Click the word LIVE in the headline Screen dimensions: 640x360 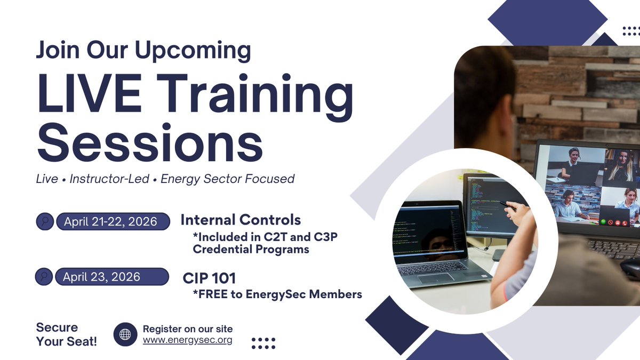[89, 93]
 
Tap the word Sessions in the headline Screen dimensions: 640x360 [150, 142]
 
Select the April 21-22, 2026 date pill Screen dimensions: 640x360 [113, 221]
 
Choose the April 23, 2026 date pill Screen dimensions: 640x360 [112, 277]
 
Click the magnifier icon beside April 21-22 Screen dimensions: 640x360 [45, 221]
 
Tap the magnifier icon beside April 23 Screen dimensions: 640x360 [44, 277]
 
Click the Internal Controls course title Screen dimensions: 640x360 [241, 220]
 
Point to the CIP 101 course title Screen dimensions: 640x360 [209, 278]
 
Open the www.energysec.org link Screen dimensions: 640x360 [187, 340]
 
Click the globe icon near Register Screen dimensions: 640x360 [125, 334]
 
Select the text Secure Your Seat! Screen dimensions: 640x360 [67, 334]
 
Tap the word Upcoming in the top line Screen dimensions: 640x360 [193, 51]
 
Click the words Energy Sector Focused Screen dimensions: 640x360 [227, 179]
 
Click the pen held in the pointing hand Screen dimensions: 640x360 [507, 206]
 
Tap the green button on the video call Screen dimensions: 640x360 [603, 222]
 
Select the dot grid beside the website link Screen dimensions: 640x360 [263, 343]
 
